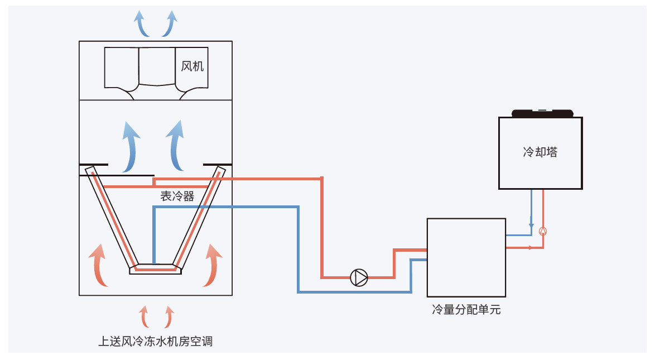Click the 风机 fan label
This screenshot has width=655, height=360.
point(192,66)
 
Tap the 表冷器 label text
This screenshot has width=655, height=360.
point(177,196)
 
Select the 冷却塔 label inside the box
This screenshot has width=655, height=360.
point(540,152)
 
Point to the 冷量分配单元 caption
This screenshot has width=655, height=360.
point(466,310)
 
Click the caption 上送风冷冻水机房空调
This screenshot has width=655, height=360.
point(156,341)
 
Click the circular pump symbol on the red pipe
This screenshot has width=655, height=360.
point(359,277)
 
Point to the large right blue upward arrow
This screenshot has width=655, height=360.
point(177,146)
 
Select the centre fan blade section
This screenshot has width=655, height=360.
point(157,66)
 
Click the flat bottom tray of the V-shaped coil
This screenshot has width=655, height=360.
point(156,269)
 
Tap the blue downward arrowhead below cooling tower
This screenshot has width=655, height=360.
point(531,225)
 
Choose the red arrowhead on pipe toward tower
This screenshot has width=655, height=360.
point(529,247)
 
